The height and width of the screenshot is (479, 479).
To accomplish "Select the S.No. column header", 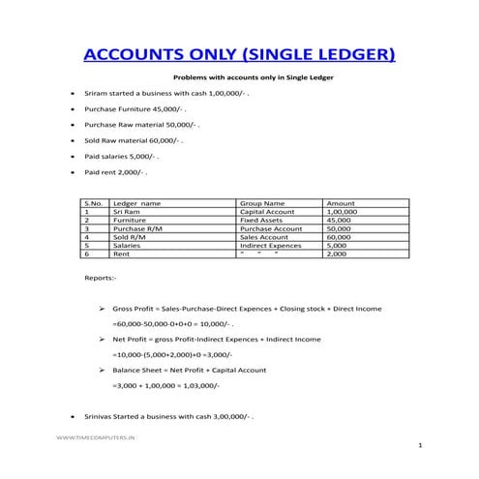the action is pos(94,204).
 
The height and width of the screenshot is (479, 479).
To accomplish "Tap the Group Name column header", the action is pos(261,204).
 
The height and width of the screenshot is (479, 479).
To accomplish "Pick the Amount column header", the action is pos(343,204).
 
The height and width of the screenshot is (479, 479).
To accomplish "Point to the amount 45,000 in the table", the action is pos(340,221).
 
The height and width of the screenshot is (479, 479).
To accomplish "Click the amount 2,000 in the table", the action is pos(337,254).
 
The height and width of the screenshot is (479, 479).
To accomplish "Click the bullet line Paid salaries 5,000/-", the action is pos(121,156).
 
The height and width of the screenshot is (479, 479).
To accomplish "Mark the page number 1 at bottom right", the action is pos(420,445).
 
